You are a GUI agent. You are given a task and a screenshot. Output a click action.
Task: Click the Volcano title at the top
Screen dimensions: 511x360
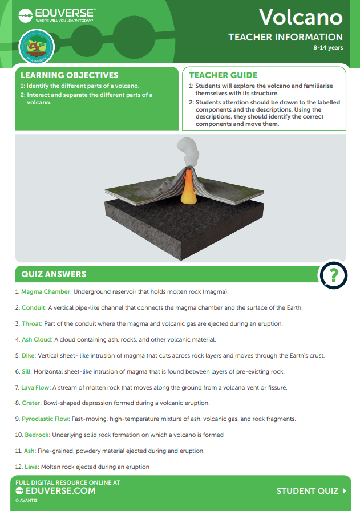(x=301, y=17)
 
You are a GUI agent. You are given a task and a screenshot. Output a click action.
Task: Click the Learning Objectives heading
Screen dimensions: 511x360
(x=70, y=75)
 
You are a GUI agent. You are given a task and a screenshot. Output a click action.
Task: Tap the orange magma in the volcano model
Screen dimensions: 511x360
(x=188, y=185)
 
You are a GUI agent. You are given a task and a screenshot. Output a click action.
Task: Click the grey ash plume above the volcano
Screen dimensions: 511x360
(x=189, y=151)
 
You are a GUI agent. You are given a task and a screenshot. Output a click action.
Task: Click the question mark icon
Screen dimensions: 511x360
(x=334, y=275)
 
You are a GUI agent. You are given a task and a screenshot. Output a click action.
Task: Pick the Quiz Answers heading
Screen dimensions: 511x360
(x=54, y=274)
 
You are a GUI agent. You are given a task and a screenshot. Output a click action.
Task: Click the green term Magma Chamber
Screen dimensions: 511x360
(x=46, y=292)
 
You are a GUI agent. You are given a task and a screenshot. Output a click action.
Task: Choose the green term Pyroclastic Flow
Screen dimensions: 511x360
(x=45, y=419)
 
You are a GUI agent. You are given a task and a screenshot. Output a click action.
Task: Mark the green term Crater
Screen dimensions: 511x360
(x=31, y=403)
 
